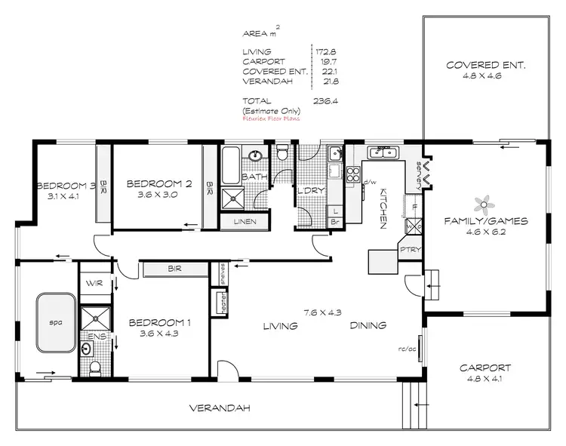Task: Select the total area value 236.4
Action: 325,100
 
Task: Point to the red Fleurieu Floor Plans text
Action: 271,118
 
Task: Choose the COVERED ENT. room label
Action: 484,65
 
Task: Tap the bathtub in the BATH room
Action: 230,161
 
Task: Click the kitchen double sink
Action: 383,154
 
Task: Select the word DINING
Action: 368,326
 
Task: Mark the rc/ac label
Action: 408,349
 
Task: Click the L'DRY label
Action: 310,191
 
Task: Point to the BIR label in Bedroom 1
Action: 175,269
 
